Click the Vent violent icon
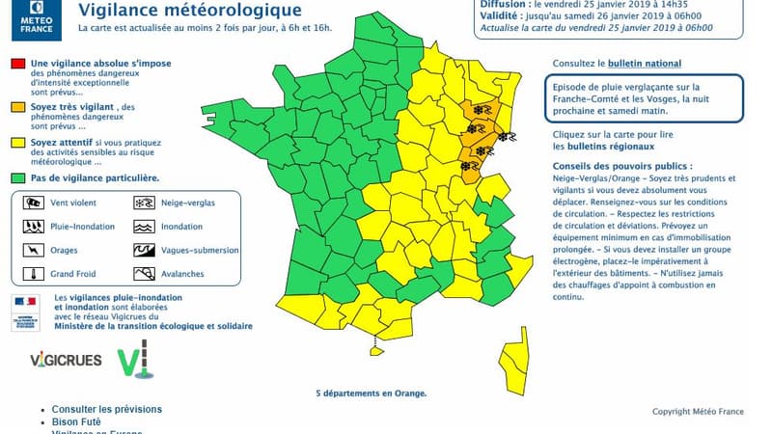[x=33, y=203]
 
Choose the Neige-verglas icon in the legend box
[x=143, y=203]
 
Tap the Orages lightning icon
[x=33, y=250]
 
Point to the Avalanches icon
[x=143, y=273]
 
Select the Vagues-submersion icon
[x=143, y=250]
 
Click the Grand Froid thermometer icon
[x=33, y=273]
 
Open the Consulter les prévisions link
[x=107, y=409]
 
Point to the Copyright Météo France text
[x=698, y=412]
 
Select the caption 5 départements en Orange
[x=371, y=393]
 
